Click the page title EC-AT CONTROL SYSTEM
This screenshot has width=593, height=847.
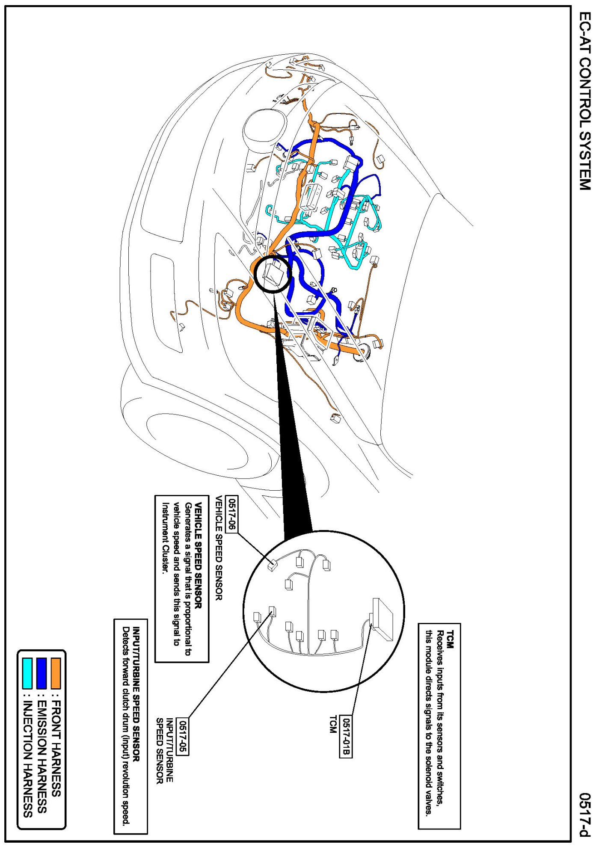(x=584, y=101)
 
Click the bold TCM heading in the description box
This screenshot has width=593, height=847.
(x=450, y=639)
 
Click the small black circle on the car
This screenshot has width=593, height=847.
(x=273, y=274)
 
